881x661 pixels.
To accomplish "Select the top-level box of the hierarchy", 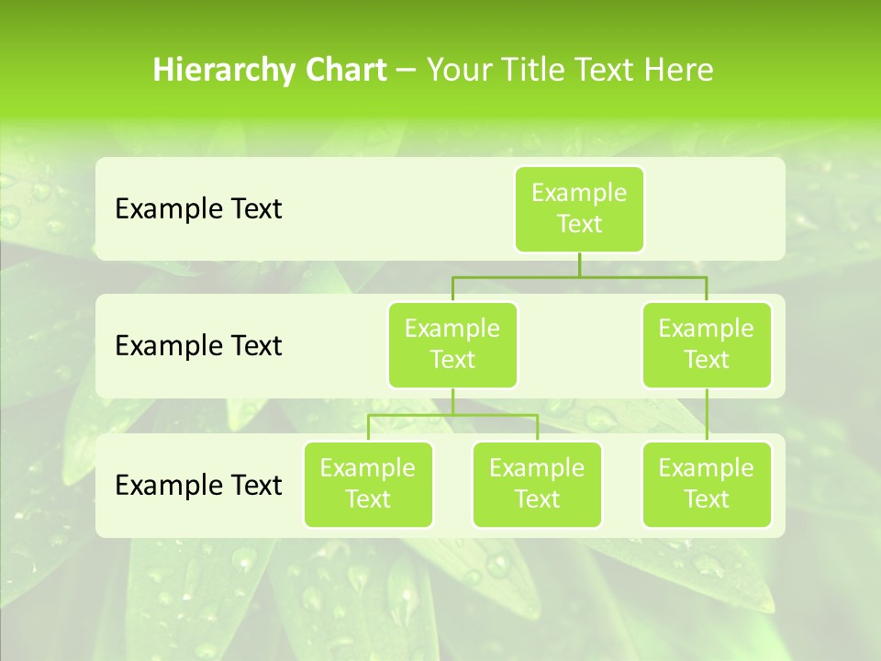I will click(579, 209).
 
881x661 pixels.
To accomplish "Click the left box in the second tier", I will click(452, 345).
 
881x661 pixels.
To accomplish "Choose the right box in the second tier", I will click(707, 345).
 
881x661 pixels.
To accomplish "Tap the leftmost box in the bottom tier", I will click(368, 485).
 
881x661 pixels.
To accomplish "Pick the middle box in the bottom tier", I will click(537, 485).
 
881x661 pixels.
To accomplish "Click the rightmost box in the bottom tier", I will click(707, 485).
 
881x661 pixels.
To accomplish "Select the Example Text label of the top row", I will click(198, 209).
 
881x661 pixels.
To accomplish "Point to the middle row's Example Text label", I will click(198, 346).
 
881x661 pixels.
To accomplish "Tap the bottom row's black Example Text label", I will click(198, 485).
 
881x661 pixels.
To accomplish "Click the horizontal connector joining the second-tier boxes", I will click(579, 276).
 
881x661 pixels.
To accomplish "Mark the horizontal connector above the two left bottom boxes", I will click(452, 415).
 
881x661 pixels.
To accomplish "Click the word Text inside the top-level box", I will click(579, 225).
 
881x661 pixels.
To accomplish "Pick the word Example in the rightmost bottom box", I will click(707, 469).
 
